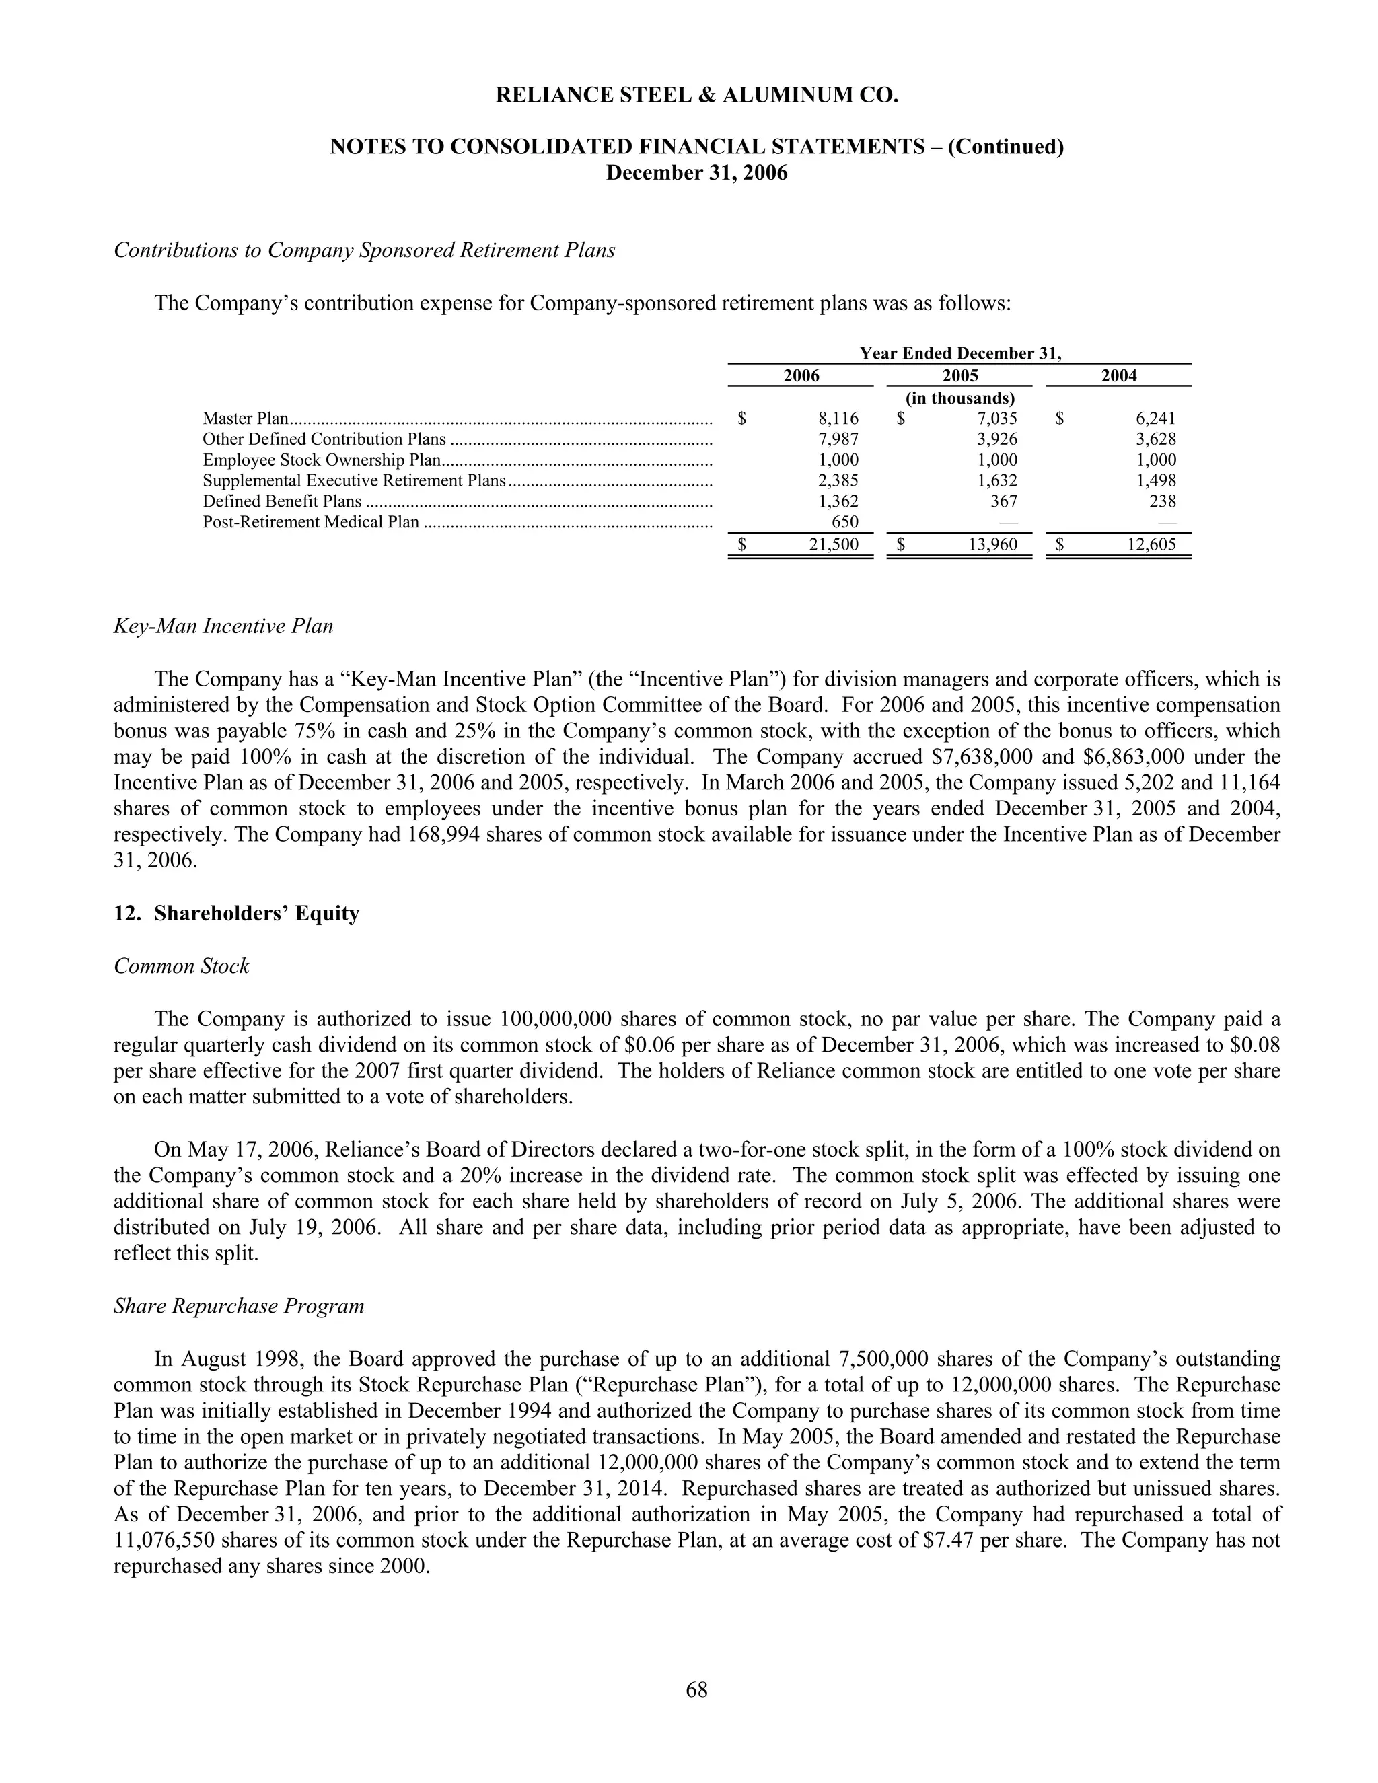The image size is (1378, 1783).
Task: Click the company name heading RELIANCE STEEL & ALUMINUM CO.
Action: pyautogui.click(x=696, y=96)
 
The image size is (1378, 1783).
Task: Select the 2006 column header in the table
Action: pyautogui.click(x=801, y=375)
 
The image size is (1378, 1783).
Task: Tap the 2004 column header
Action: pyautogui.click(x=1118, y=375)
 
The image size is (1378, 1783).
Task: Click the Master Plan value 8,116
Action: pyautogui.click(x=838, y=419)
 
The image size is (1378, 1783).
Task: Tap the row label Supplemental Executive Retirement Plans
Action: pyautogui.click(x=355, y=481)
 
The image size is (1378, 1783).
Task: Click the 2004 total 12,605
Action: pyautogui.click(x=1152, y=544)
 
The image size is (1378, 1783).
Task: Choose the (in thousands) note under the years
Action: pyautogui.click(x=960, y=398)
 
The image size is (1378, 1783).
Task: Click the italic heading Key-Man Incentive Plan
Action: pyautogui.click(x=223, y=626)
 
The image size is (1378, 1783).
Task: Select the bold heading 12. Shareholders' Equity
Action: pyautogui.click(x=237, y=914)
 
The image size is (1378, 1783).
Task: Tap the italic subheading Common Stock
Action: pyautogui.click(x=181, y=967)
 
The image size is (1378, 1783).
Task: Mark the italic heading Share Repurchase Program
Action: pyautogui.click(x=239, y=1306)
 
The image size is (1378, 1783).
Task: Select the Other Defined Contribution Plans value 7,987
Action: pyautogui.click(x=838, y=439)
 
